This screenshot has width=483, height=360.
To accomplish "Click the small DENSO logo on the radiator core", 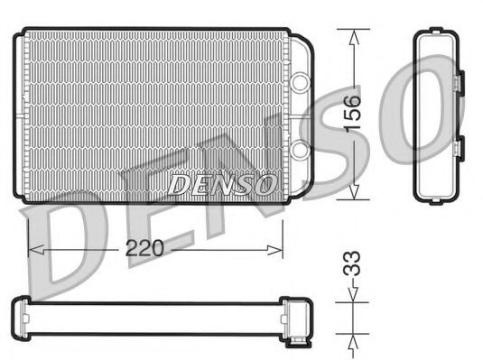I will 222,184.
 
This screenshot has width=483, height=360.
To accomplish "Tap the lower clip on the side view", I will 458,149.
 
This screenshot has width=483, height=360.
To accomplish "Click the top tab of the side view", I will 437,33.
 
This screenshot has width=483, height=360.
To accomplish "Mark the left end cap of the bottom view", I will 21,313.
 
